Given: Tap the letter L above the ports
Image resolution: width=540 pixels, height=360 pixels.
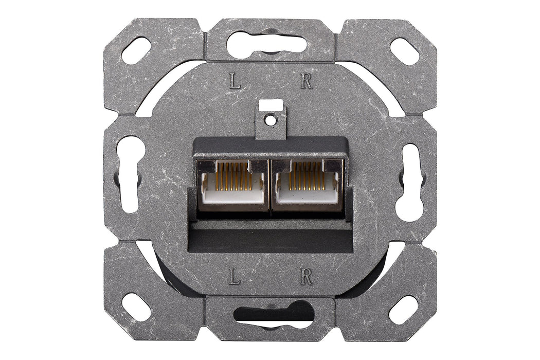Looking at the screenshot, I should coord(235,81).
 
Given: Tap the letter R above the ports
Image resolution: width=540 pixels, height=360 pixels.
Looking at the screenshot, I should coord(307,81).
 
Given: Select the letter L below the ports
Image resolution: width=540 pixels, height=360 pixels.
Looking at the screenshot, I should coord(235,277).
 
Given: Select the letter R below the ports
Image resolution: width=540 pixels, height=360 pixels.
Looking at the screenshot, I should coord(307,277).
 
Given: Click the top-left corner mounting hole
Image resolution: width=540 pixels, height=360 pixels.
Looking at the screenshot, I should coord(137,50).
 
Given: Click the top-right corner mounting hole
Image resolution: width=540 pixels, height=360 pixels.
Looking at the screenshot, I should coord(405,50).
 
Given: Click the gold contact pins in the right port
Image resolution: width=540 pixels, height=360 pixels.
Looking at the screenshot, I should coord(307,175).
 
